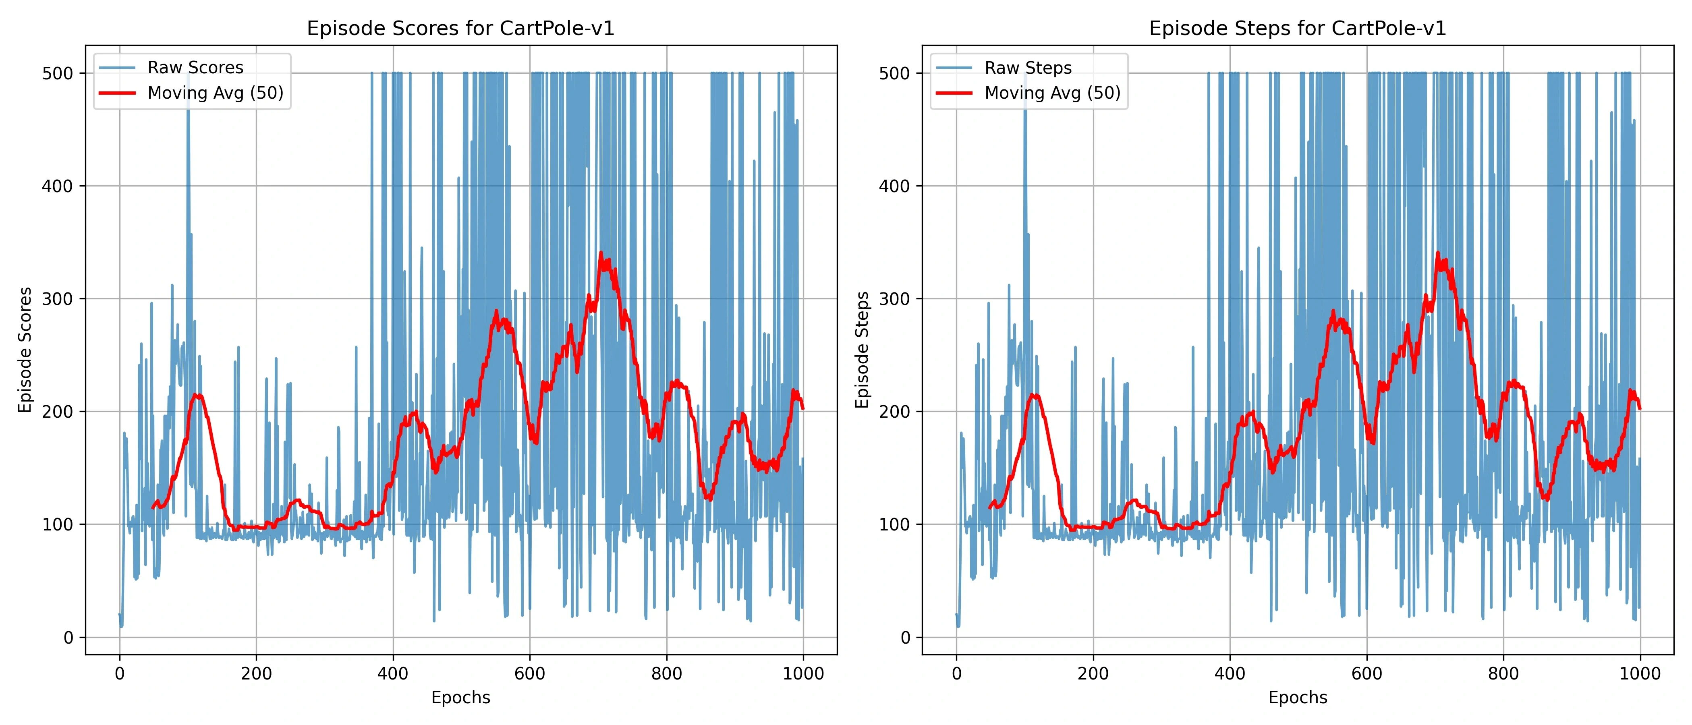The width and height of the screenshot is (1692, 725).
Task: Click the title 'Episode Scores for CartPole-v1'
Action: (460, 28)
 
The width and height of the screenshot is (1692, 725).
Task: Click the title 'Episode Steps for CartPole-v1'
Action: (1297, 28)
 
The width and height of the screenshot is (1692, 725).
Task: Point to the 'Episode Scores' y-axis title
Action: (25, 350)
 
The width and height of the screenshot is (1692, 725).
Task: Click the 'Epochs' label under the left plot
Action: (460, 698)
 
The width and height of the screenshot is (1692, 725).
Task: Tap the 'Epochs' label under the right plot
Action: (1297, 698)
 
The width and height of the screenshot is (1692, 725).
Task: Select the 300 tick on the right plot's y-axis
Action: (895, 299)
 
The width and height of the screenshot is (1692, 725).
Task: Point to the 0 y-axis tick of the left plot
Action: (68, 638)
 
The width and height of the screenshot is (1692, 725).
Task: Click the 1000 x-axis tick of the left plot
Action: (803, 674)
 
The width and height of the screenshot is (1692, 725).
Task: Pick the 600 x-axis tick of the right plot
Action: (1367, 674)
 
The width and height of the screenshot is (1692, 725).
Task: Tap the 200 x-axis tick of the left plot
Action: (256, 674)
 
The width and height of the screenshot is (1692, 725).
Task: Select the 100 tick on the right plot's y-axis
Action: (895, 525)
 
